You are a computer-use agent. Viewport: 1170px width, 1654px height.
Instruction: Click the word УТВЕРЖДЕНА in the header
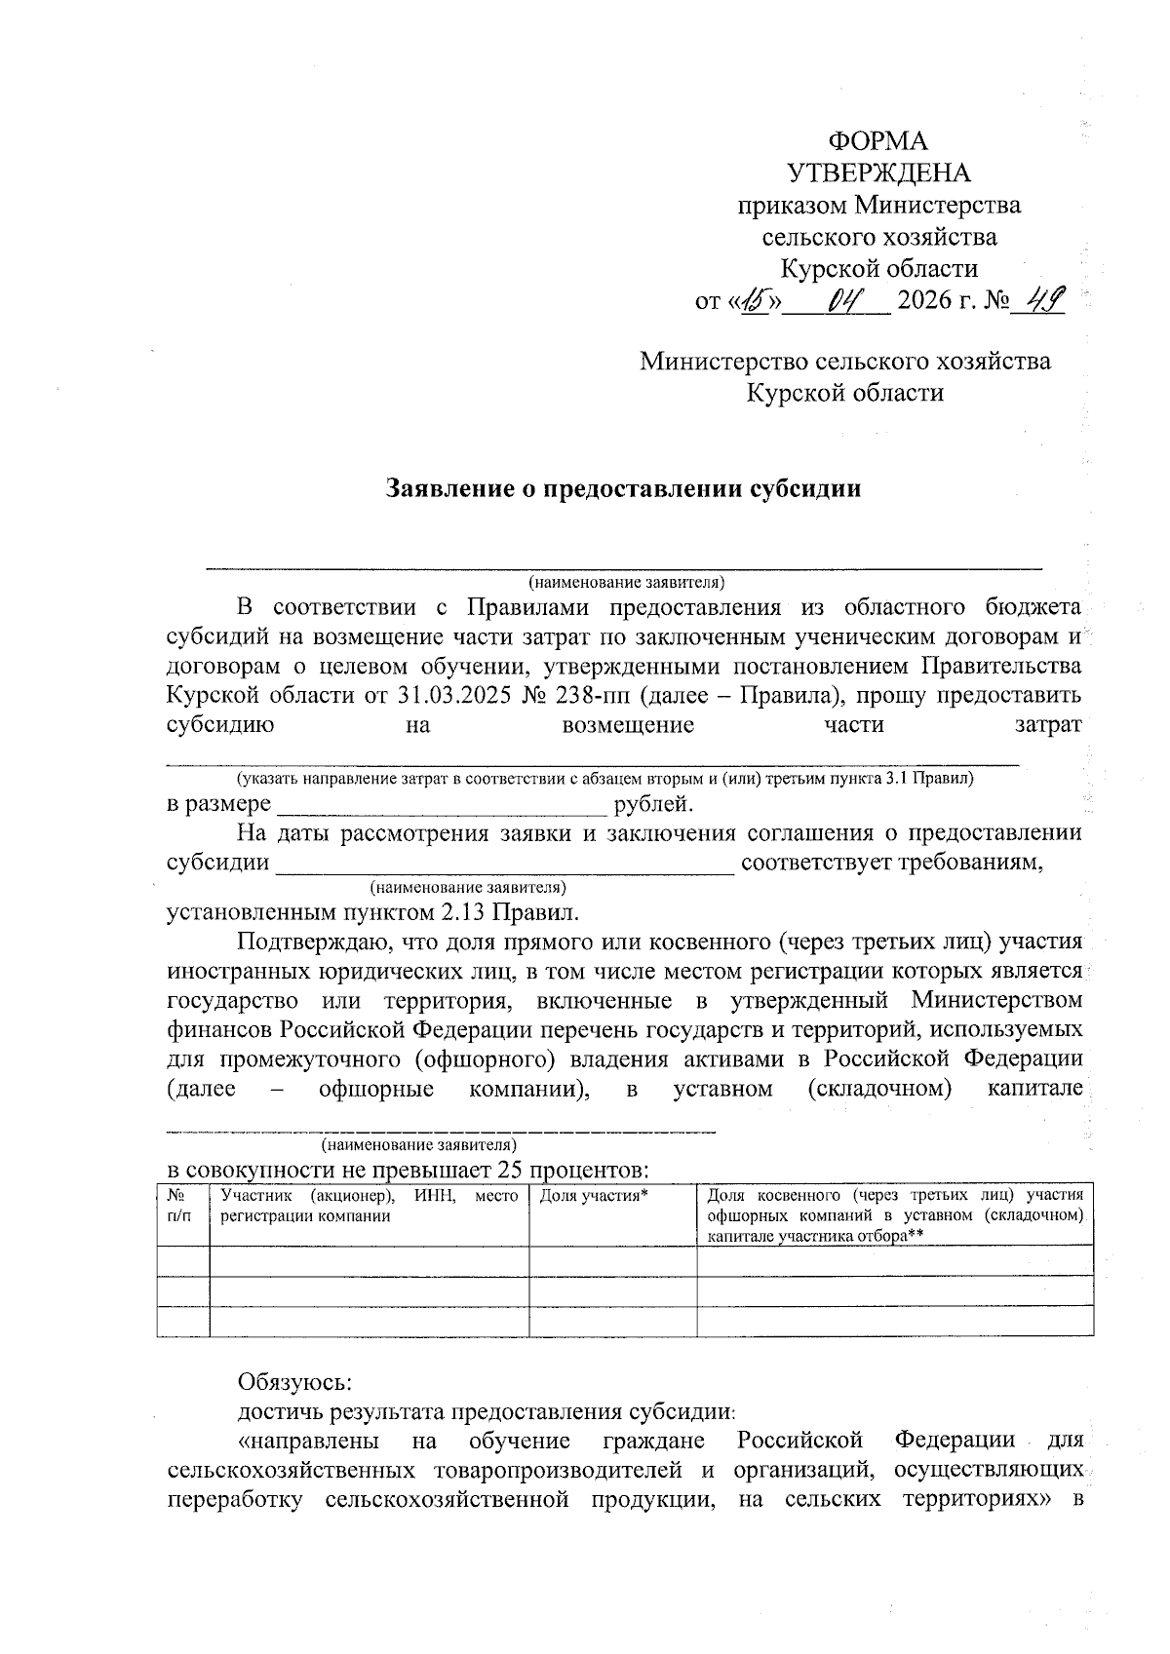(878, 173)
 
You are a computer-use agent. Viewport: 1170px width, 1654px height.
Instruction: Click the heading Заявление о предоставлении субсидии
(624, 487)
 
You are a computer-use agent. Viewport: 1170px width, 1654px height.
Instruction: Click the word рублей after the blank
(653, 804)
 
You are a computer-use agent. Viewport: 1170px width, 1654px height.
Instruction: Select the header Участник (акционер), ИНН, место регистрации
(369, 1205)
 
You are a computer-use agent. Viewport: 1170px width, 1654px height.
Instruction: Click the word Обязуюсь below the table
(294, 1382)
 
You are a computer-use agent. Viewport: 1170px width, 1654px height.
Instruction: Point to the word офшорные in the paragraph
(376, 1088)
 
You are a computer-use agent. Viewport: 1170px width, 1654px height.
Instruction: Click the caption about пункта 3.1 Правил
(604, 779)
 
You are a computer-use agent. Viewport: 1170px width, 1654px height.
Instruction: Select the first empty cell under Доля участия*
(612, 1261)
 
